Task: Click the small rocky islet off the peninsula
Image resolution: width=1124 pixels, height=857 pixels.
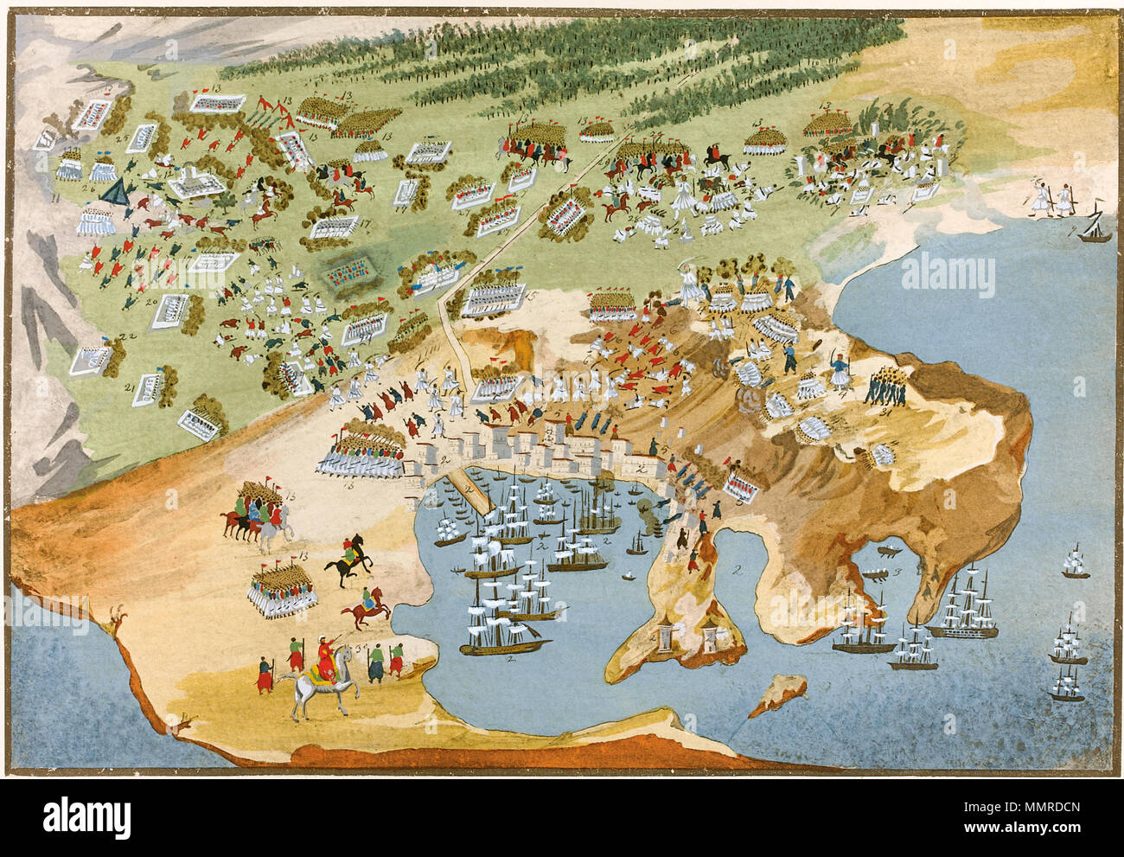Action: [x=772, y=696]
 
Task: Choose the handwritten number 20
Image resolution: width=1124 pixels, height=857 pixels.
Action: [x=149, y=300]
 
